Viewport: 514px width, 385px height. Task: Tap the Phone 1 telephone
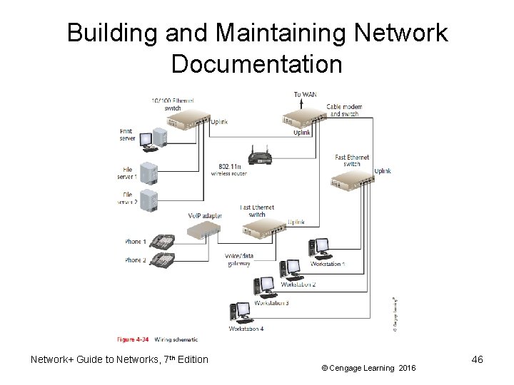[x=162, y=242]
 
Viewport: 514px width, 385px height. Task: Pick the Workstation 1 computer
[x=314, y=249]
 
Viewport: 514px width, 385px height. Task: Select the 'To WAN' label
[x=308, y=93]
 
